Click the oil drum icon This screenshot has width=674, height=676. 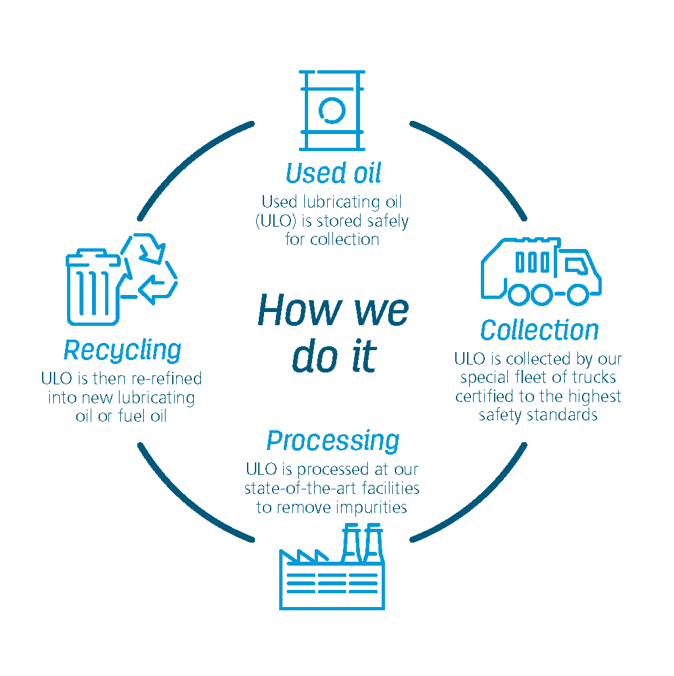[332, 110]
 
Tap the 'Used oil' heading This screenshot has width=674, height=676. [333, 173]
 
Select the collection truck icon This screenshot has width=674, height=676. [541, 271]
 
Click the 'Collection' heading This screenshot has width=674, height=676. [539, 330]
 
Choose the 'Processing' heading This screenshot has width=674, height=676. [332, 441]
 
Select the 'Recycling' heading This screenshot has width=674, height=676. [122, 350]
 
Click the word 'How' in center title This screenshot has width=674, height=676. [289, 310]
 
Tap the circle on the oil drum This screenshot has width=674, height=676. [332, 110]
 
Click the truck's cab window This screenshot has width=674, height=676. [576, 265]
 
